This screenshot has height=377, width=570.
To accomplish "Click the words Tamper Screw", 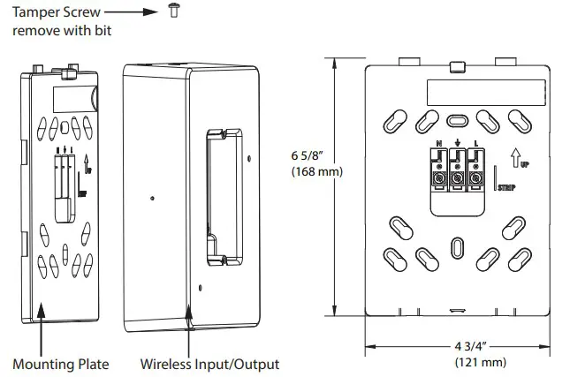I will point(53,12).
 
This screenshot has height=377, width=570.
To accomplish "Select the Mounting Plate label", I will point(61,364).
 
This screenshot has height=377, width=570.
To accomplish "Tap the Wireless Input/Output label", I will point(209,364).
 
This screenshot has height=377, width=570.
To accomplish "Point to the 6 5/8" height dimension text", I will point(309,155).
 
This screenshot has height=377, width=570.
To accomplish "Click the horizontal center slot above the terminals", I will point(457,121).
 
